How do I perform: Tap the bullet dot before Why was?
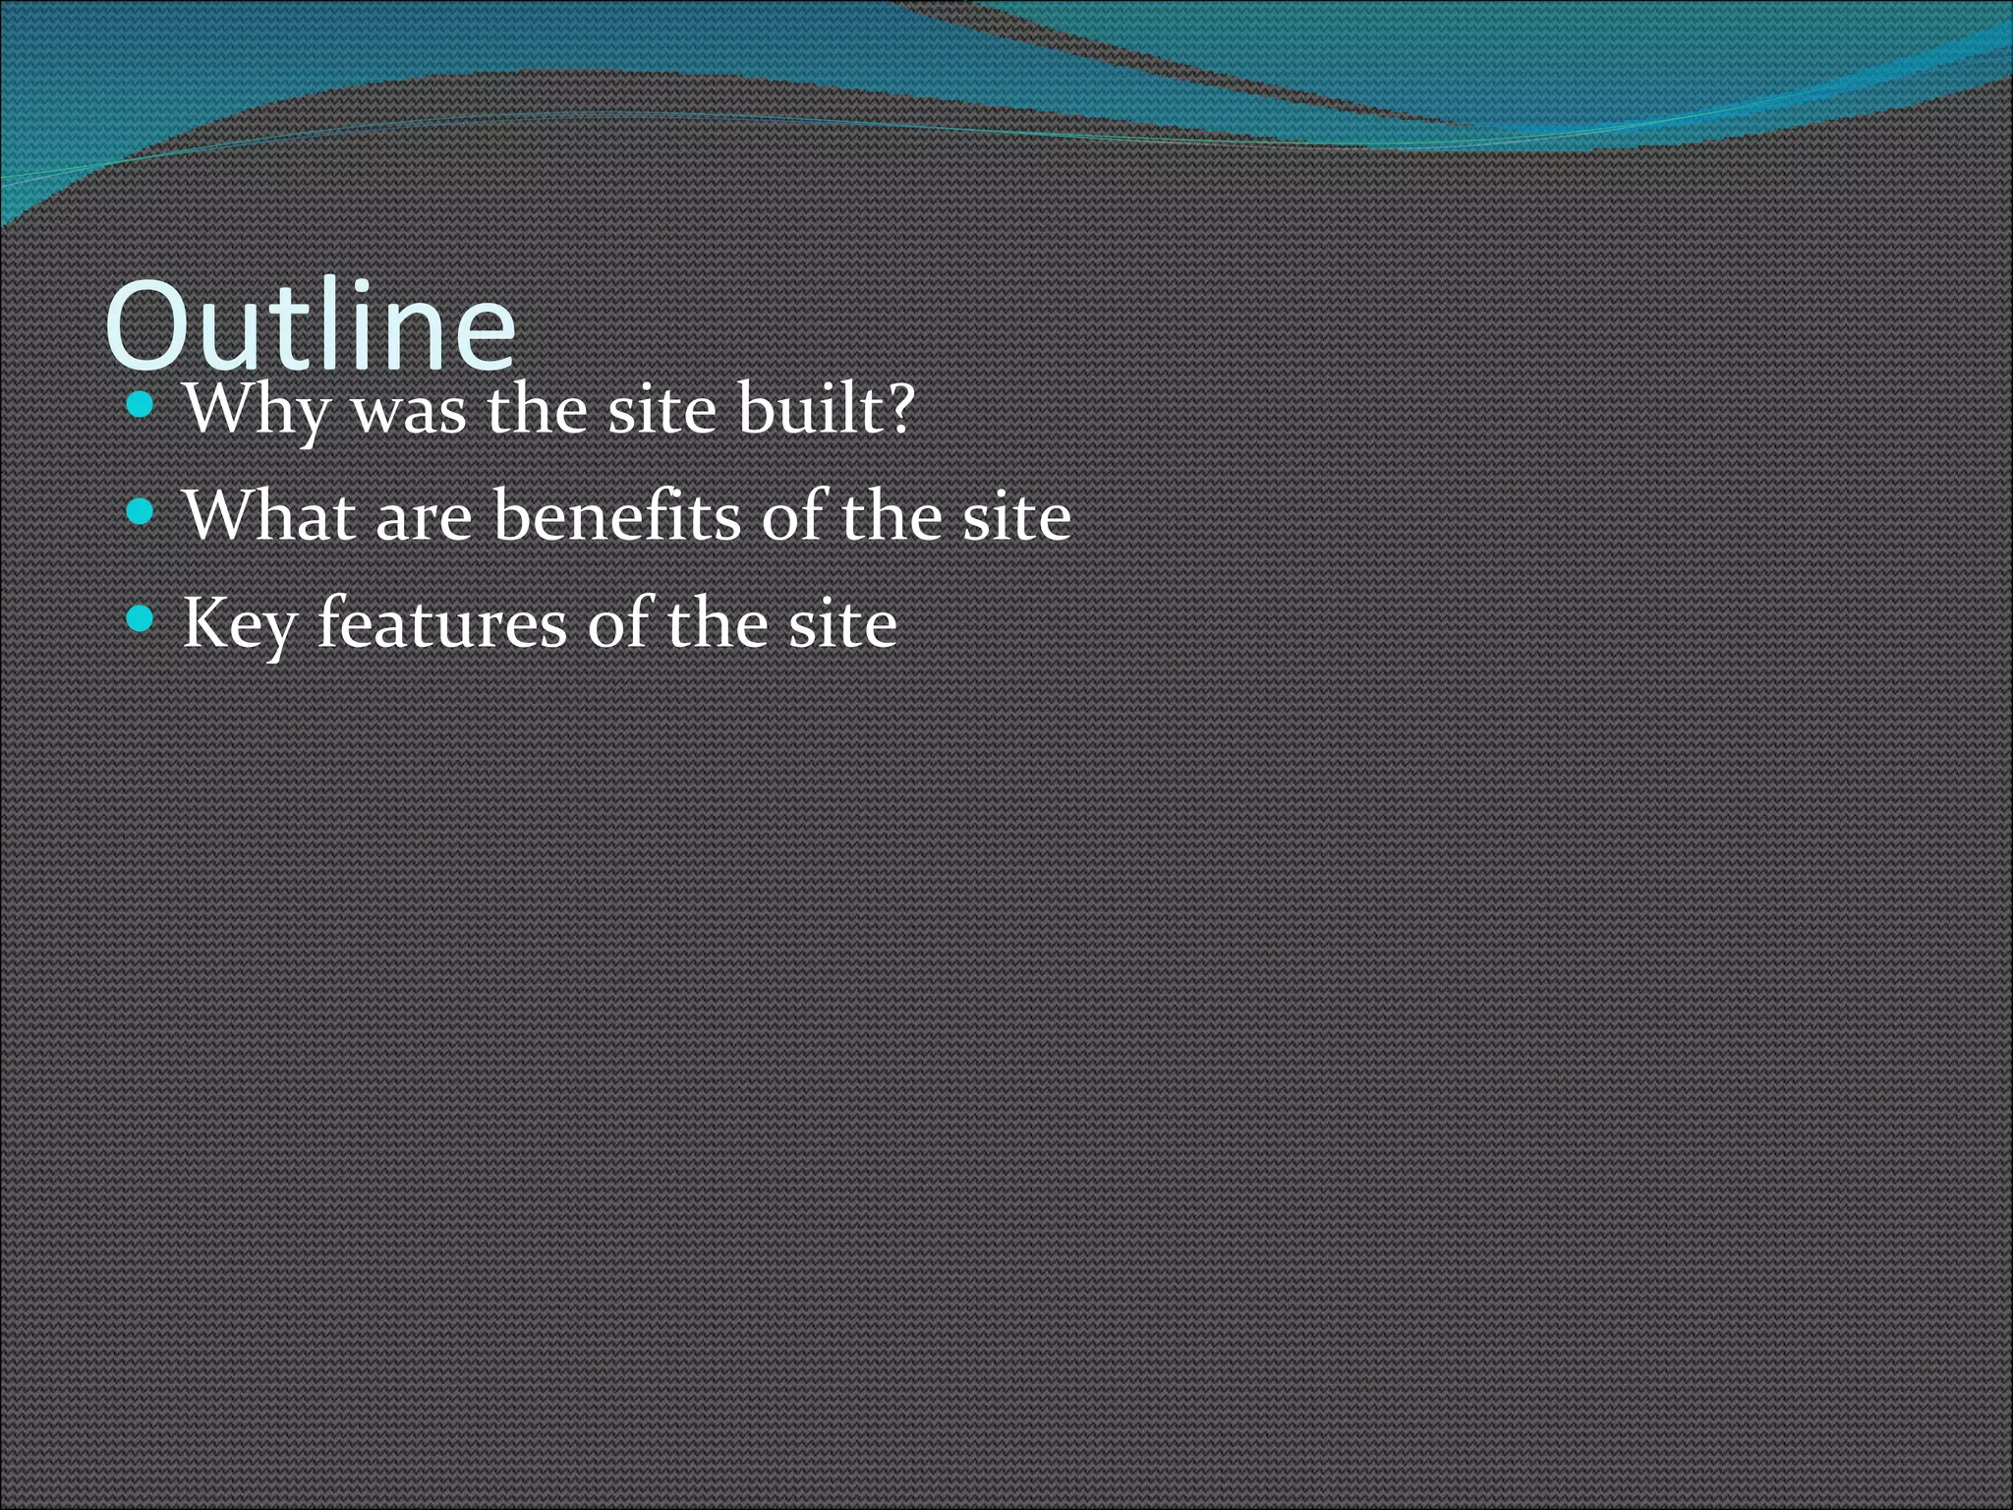[x=142, y=404]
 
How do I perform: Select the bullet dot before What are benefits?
[x=142, y=511]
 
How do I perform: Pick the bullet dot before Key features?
[x=142, y=618]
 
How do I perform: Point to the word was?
[x=409, y=411]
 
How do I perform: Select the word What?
[x=268, y=515]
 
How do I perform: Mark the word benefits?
[x=617, y=515]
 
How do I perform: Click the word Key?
[x=239, y=624]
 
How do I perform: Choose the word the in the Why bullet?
[x=537, y=408]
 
